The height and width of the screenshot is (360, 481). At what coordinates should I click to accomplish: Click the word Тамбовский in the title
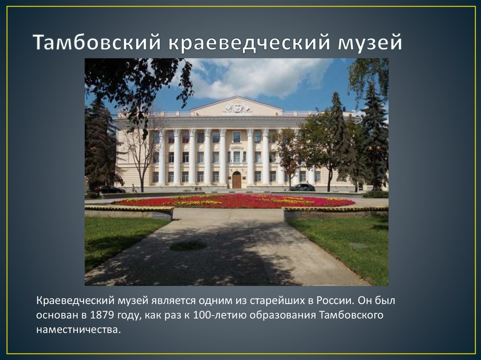pyautogui.click(x=96, y=43)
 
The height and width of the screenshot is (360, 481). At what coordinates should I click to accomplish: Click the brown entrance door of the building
pyautogui.click(x=237, y=180)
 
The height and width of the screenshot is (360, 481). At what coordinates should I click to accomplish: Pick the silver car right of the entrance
pyautogui.click(x=300, y=188)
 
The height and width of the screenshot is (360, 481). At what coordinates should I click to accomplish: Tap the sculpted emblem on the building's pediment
pyautogui.click(x=237, y=108)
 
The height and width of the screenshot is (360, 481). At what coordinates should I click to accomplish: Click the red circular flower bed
pyautogui.click(x=235, y=201)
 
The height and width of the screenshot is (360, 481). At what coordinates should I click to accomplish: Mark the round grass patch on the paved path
pyautogui.click(x=188, y=245)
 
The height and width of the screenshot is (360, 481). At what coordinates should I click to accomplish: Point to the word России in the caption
pyautogui.click(x=331, y=300)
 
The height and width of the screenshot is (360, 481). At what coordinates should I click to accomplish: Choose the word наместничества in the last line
pyautogui.click(x=78, y=329)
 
